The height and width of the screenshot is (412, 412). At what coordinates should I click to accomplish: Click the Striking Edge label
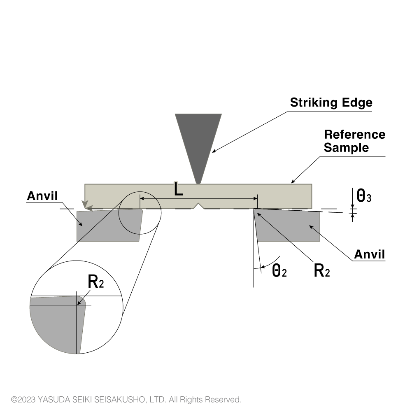point(331,102)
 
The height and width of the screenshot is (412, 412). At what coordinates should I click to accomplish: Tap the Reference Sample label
point(354,141)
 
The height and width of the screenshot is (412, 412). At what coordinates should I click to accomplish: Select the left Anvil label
point(42,196)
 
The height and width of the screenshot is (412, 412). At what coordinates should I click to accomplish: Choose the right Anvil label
point(369,254)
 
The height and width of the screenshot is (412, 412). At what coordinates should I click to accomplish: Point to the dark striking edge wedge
point(198,140)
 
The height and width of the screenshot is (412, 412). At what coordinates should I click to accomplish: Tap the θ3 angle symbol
point(364,196)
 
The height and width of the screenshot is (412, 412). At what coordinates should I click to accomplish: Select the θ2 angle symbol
point(279,270)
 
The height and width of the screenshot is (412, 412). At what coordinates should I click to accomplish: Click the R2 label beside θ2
point(321,270)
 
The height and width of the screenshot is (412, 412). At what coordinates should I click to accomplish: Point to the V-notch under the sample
point(199,205)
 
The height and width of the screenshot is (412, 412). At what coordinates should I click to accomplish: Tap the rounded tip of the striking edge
point(198,181)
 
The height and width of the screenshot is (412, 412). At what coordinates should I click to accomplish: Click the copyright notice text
point(126,400)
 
